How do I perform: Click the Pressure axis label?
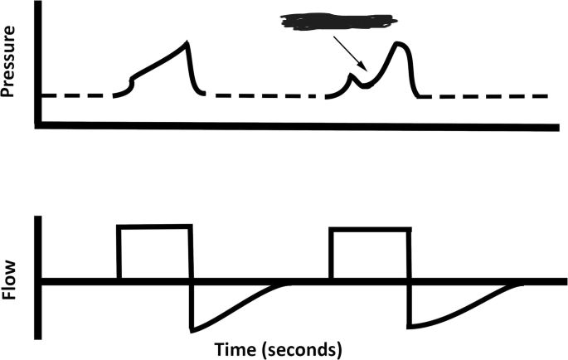[x=12, y=61]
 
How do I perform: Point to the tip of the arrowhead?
[x=366, y=71]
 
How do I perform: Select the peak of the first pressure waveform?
[x=187, y=42]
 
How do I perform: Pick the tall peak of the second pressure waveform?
[x=400, y=43]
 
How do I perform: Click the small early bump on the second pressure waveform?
[x=351, y=77]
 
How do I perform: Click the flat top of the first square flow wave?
[x=155, y=226]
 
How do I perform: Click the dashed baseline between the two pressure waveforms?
[x=265, y=95]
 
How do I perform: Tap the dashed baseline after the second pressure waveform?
[x=489, y=95]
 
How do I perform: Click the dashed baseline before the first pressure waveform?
[x=75, y=95]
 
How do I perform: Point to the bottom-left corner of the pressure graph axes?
[x=37, y=126]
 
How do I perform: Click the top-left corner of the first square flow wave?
[x=119, y=226]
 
